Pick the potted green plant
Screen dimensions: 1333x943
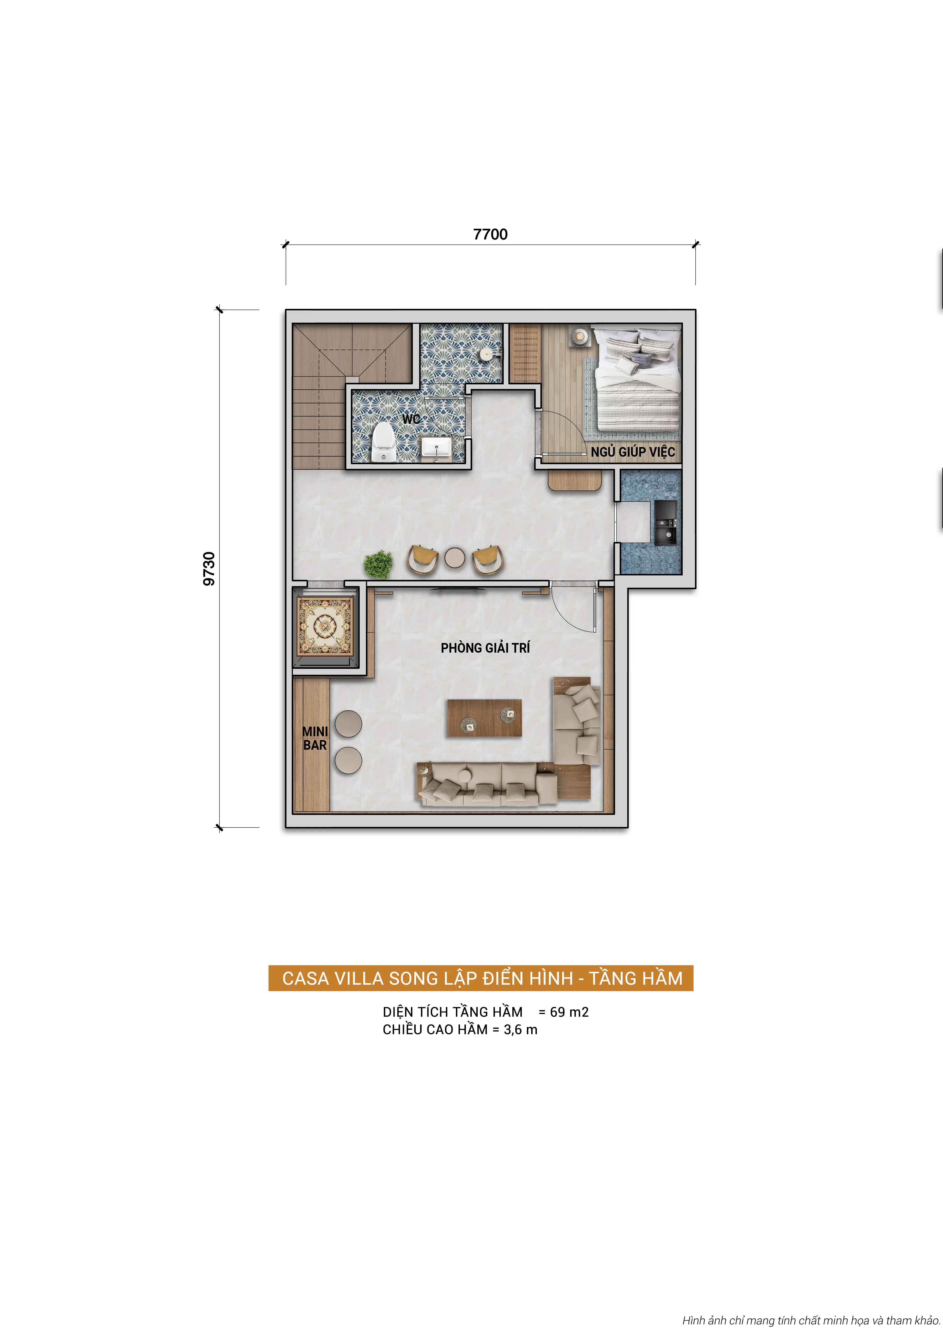pos(378,564)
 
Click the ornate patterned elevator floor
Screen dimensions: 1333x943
pos(325,626)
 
